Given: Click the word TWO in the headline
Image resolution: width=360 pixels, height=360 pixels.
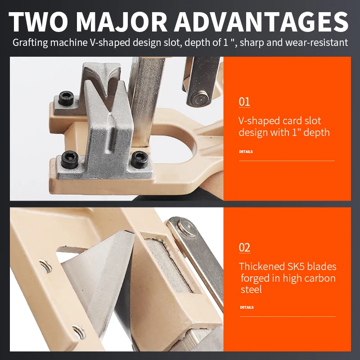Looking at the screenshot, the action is tap(38, 22).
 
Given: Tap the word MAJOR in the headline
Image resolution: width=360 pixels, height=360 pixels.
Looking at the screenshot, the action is tap(121, 22).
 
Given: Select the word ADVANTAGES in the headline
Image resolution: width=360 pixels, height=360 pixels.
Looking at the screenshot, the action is tap(261, 22).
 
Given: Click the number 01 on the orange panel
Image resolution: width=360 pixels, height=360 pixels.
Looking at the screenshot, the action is tap(244, 102).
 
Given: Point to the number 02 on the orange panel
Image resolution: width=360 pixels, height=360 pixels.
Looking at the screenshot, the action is tap(244, 247).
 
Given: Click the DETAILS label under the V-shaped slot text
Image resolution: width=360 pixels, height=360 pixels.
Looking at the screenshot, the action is tap(246, 152).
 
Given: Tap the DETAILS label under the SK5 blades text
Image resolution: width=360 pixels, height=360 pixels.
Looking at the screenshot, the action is tap(247, 307).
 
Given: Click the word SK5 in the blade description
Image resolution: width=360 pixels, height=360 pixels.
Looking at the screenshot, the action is tap(296, 266).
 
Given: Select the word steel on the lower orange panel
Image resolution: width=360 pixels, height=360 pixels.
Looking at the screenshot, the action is tap(251, 289).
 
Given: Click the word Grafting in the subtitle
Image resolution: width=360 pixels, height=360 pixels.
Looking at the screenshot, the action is tap(30, 43).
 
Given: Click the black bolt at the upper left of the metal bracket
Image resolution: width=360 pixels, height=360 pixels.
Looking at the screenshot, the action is tap(66, 98).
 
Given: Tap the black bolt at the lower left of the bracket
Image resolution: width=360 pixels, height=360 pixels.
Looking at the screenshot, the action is tap(70, 159).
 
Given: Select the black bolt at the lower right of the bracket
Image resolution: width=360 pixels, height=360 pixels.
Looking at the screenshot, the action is tap(139, 159).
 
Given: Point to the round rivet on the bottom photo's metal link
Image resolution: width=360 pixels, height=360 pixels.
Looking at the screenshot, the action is tap(188, 227).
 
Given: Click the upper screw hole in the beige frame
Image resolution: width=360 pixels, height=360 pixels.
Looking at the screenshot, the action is tap(45, 266).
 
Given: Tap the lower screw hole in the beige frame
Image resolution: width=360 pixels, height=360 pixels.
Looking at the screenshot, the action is tap(79, 332).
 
